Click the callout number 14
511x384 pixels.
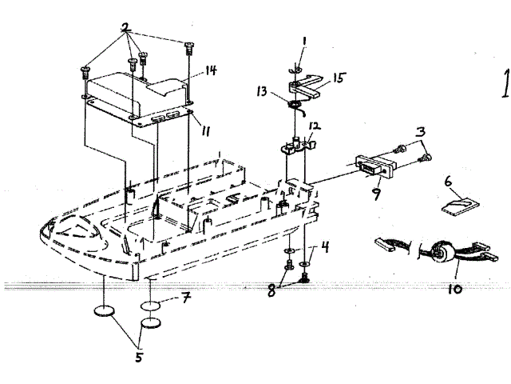(x=211, y=70)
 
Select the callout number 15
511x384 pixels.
(x=339, y=78)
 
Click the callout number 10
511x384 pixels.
(x=455, y=287)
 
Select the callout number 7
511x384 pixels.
(x=184, y=299)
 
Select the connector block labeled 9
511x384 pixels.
(x=370, y=169)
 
